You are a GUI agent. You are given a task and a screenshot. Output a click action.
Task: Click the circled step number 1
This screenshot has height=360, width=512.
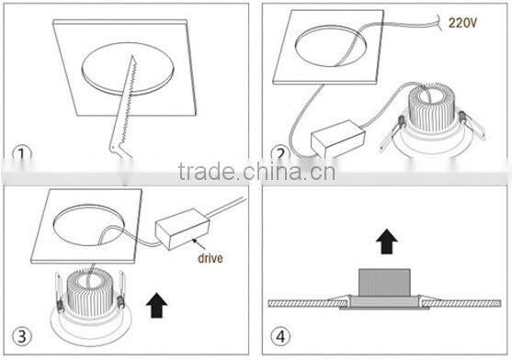22,154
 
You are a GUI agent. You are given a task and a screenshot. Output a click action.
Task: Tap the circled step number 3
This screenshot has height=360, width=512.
22,336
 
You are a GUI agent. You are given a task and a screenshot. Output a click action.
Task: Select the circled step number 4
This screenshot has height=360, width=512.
280,336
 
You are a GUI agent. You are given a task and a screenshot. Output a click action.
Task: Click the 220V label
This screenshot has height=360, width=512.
462,23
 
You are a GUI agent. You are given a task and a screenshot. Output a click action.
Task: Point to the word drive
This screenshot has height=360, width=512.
210,258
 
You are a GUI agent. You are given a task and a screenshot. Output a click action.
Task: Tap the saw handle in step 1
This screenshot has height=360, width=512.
120,151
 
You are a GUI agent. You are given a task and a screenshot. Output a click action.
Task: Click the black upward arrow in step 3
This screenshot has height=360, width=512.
157,305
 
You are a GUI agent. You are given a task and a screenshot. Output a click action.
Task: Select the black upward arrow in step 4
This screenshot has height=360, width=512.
387,242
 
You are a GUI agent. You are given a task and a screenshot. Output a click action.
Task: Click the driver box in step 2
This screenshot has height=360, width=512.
338,139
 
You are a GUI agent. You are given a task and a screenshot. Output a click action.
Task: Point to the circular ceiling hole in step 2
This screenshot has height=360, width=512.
330,46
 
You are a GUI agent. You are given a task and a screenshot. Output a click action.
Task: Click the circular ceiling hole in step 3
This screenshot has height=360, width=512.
88,225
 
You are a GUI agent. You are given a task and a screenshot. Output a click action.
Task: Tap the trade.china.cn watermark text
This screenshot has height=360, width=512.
256,172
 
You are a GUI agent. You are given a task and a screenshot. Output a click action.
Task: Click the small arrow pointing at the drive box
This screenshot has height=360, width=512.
199,244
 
